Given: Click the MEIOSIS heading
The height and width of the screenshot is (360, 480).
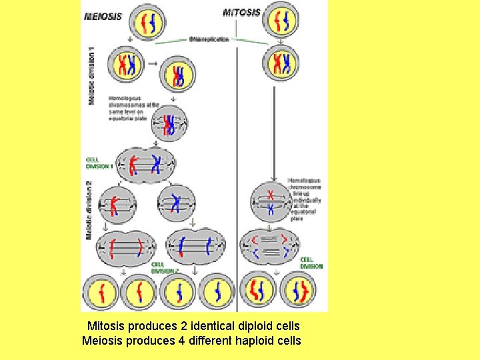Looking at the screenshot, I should tap(103, 17).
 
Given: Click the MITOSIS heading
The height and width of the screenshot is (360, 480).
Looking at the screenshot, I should tap(241, 13).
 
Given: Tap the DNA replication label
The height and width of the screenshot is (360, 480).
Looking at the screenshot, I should tap(210, 39).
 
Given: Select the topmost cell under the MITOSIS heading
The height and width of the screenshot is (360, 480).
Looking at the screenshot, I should tap(280, 20).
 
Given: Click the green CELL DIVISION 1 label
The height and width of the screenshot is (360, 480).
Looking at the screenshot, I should tap(99, 163).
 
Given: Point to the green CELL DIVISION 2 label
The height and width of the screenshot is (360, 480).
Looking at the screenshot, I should tap(164, 267).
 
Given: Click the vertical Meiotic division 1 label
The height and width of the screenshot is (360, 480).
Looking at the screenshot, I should tap(91, 75).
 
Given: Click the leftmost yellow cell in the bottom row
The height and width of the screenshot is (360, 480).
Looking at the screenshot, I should tap(101, 292).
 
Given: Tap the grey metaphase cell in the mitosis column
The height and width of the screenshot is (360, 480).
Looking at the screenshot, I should tap(270, 203).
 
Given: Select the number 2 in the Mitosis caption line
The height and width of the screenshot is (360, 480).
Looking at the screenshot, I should tap(183, 327).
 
